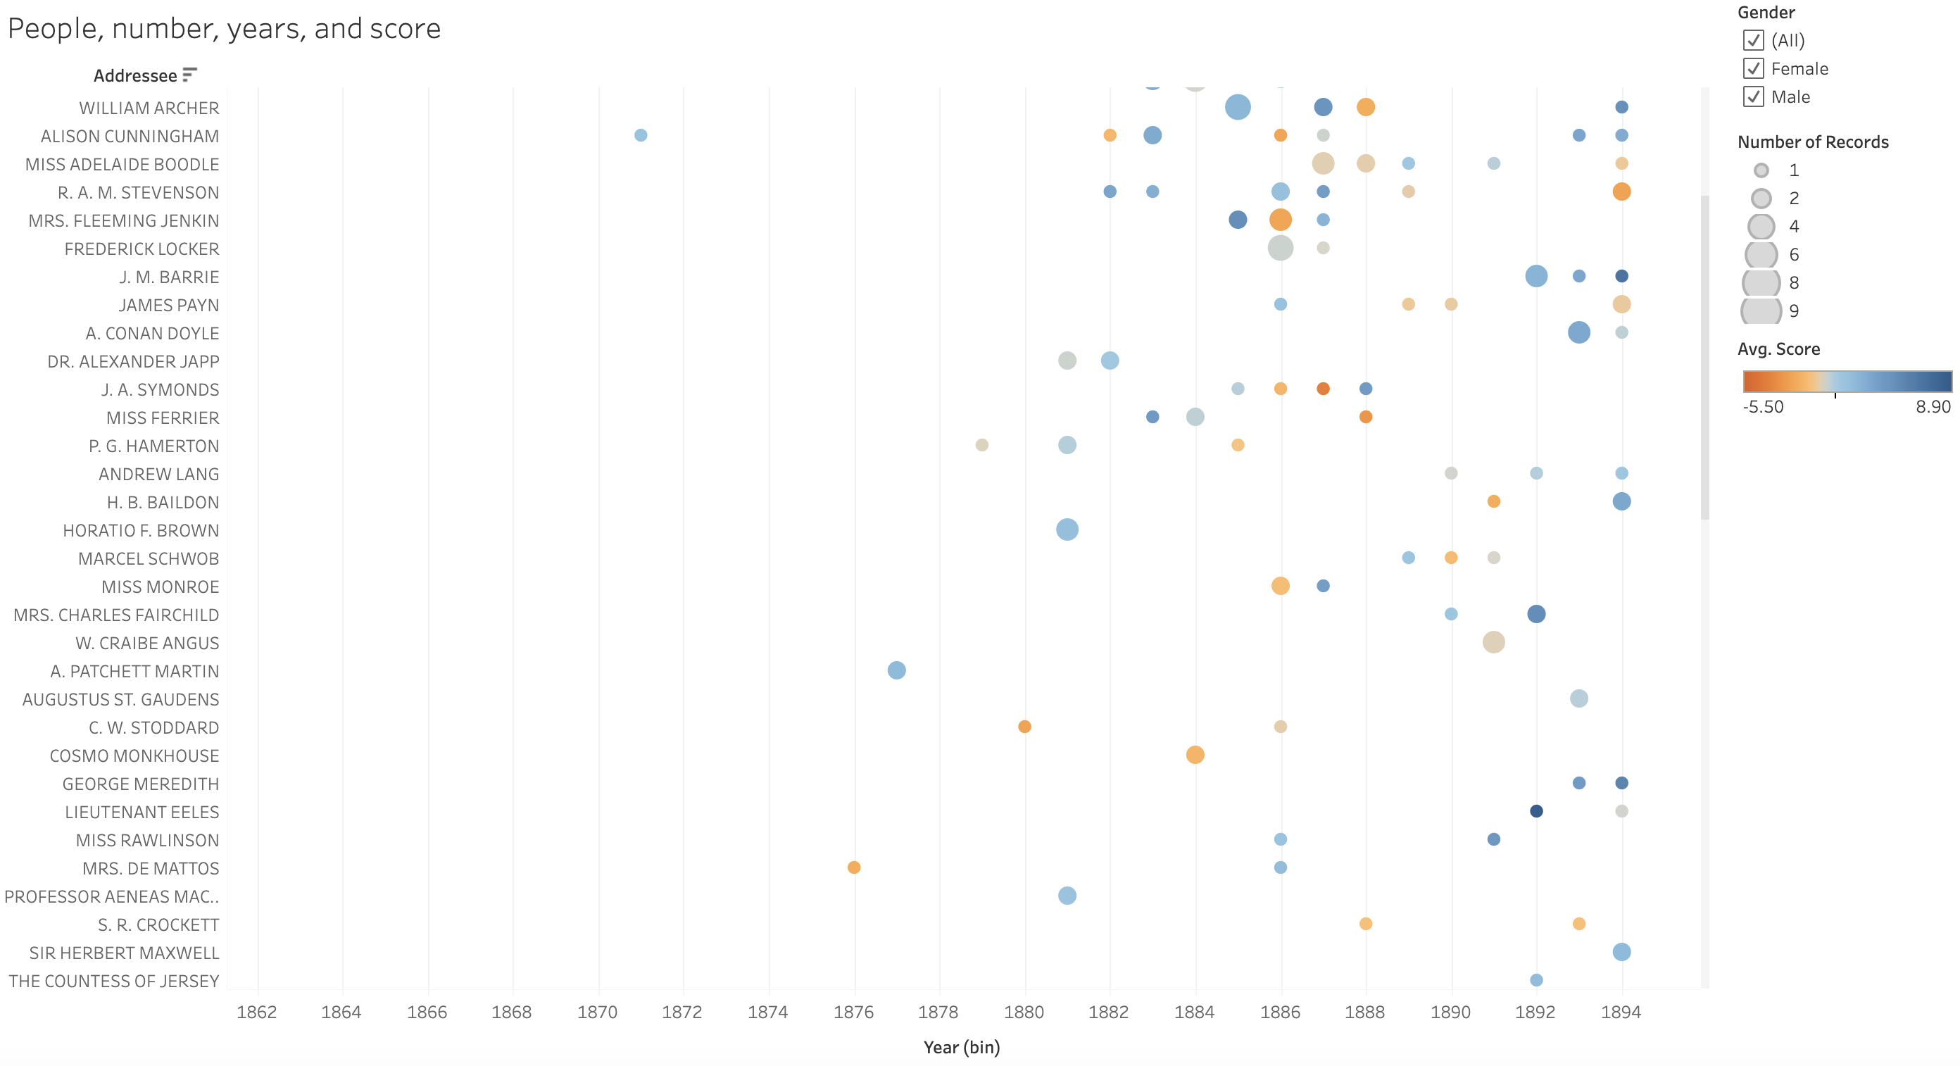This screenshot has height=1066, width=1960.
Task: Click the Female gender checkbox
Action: pos(1753,68)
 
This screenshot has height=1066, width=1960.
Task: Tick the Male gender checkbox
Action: pos(1753,96)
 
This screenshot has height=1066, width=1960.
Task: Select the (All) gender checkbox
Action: pos(1753,40)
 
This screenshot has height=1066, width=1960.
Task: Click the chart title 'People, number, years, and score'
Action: pos(224,29)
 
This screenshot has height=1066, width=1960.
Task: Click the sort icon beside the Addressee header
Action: pos(189,75)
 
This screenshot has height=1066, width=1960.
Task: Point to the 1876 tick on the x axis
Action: pos(854,1011)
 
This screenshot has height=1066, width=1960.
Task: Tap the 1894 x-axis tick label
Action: pos(1621,1011)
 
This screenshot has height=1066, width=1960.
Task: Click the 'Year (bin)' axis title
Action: pos(961,1047)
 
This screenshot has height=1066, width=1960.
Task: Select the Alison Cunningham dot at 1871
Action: pos(641,135)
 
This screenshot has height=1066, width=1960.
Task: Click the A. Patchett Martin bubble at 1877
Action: pos(896,670)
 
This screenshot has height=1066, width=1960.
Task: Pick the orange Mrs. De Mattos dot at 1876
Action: pos(854,867)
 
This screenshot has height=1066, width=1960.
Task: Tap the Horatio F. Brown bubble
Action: pos(1067,529)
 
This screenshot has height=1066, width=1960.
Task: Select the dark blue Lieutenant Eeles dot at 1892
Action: pos(1536,811)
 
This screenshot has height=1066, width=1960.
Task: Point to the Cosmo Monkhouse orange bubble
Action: pos(1195,755)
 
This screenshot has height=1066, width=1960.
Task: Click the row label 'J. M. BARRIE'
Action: pos(169,277)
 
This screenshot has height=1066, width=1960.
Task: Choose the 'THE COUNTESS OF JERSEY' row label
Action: pos(114,981)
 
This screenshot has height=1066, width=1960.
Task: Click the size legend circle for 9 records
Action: pos(1761,311)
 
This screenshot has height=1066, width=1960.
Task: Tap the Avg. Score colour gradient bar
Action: pos(1847,381)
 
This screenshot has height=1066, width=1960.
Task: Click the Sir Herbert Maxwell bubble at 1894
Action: pos(1621,952)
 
